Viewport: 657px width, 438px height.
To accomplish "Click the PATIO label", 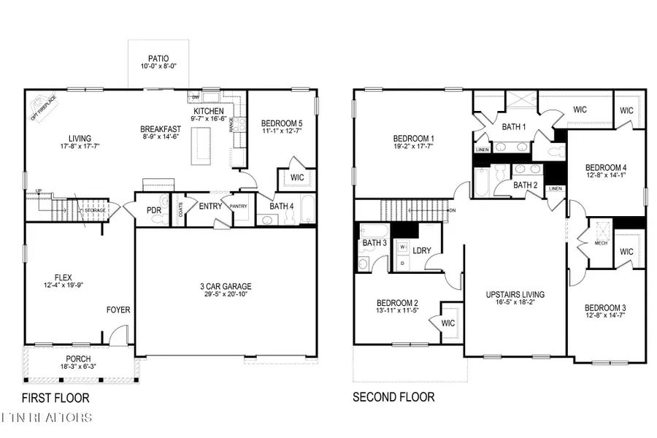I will tap(153, 58).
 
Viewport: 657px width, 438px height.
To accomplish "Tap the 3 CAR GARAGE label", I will tap(228, 286).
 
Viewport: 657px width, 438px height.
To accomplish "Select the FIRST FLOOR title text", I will tap(55, 398).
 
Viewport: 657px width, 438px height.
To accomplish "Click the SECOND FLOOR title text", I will tap(393, 397).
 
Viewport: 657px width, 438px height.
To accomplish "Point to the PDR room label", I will tap(154, 210).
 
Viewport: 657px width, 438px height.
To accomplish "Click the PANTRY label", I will tap(239, 206).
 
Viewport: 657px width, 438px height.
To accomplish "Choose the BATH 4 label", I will tap(281, 207).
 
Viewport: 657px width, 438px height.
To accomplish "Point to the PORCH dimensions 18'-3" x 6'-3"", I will tap(77, 368).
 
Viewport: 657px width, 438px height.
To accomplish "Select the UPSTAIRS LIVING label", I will tap(515, 295).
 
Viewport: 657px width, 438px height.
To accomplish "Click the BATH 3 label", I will tap(374, 242).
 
